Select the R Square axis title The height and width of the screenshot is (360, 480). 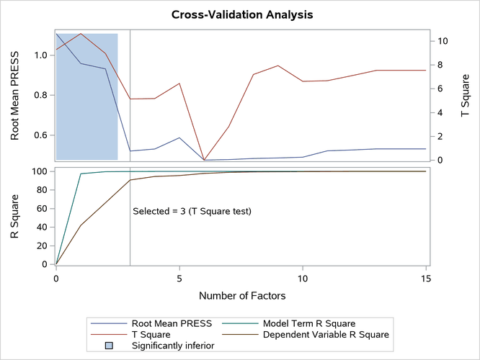(x=14, y=217)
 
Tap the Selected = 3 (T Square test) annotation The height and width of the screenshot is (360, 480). (x=192, y=211)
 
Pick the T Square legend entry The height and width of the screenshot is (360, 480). (x=151, y=335)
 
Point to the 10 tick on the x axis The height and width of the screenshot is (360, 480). (x=303, y=277)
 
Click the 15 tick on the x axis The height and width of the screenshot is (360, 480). (x=426, y=277)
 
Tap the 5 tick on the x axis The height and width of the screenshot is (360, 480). (x=179, y=277)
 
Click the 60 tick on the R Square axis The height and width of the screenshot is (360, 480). (x=42, y=209)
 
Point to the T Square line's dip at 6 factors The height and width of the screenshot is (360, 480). (x=204, y=160)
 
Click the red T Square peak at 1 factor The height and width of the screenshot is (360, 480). (x=81, y=33)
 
